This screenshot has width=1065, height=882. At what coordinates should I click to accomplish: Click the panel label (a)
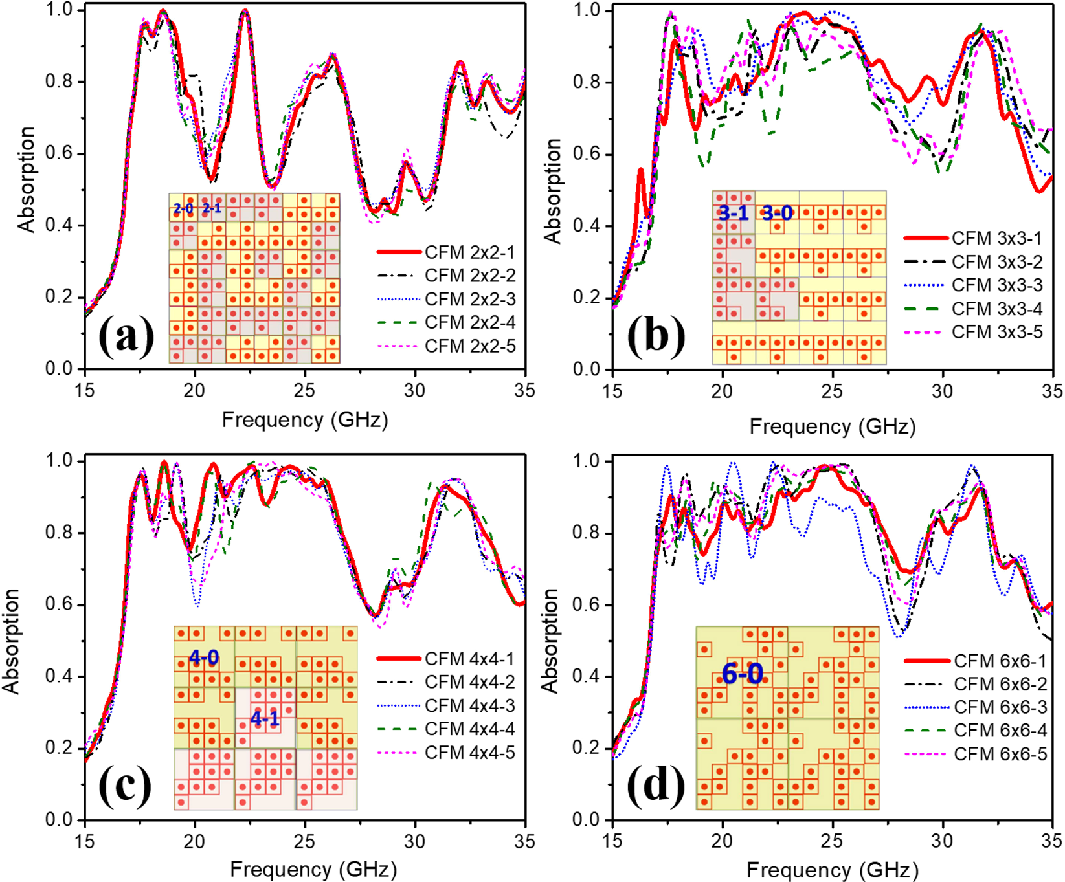(126, 336)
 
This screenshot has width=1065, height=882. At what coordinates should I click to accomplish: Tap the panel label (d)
(656, 786)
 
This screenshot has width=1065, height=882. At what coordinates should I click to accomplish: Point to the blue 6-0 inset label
(742, 674)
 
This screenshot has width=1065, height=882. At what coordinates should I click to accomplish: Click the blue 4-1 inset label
(265, 718)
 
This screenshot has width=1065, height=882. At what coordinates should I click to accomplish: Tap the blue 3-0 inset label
(777, 213)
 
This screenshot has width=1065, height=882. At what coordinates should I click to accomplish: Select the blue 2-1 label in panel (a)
(212, 208)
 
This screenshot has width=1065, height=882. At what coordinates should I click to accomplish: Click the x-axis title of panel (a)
(304, 419)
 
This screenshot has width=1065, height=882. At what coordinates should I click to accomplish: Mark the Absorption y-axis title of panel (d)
(550, 641)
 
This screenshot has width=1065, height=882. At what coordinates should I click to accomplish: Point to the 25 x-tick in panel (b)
(832, 391)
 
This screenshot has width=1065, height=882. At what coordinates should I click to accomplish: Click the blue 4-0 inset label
(203, 657)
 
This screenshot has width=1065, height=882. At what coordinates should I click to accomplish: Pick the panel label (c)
(124, 786)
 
